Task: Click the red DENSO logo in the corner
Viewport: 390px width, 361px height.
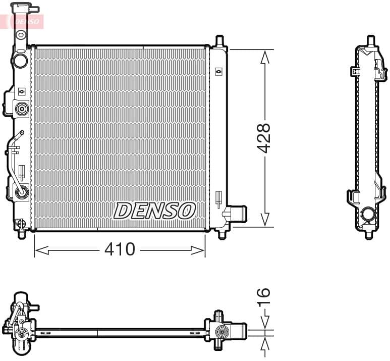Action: (x=28, y=21)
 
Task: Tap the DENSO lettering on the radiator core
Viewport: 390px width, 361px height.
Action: (x=154, y=211)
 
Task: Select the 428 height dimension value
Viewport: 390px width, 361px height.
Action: (x=263, y=138)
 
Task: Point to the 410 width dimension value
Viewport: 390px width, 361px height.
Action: (x=120, y=249)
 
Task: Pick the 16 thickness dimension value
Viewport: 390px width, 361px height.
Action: (x=263, y=298)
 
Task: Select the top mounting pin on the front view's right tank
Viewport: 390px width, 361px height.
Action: (x=219, y=41)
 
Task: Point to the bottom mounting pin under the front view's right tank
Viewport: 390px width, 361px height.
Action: (x=221, y=234)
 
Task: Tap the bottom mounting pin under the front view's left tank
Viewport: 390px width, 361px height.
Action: (x=21, y=234)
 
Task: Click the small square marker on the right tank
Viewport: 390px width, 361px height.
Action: (x=218, y=72)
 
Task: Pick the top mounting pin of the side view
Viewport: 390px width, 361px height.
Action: (x=370, y=40)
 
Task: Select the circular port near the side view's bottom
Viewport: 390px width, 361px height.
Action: (x=368, y=214)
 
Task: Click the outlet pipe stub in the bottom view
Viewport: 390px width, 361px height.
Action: (x=239, y=331)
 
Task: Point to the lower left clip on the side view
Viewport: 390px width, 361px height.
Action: (x=352, y=196)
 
